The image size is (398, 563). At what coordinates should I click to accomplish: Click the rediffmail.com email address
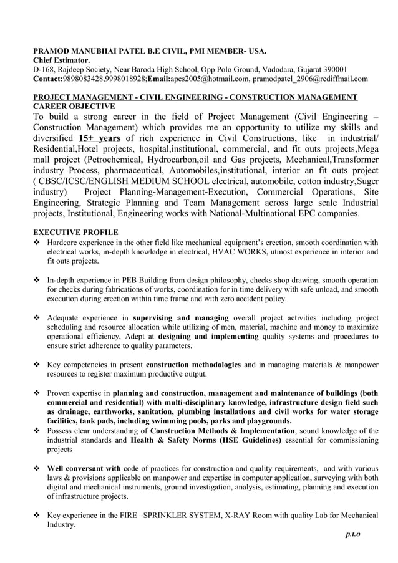(309, 79)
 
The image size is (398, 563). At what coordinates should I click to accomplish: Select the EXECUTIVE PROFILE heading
(75, 232)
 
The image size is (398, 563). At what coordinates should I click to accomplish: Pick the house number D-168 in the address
(43, 69)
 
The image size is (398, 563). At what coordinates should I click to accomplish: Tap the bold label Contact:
(47, 79)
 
